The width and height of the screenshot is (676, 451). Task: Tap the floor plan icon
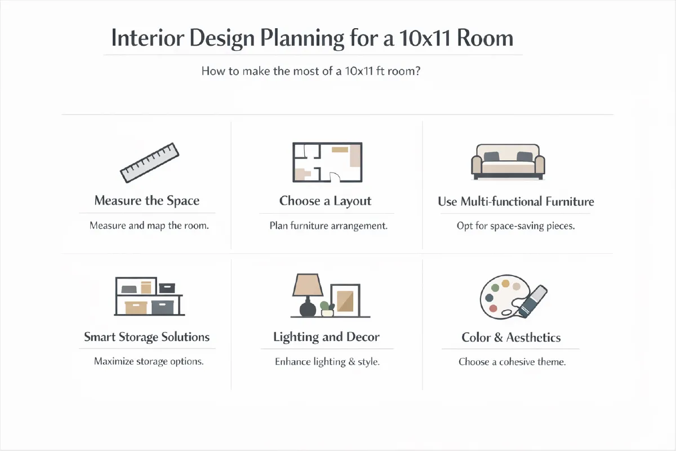coord(327,162)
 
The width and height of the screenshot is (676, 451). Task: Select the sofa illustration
coord(508,162)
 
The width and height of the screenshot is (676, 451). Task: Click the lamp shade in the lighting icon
coord(307,285)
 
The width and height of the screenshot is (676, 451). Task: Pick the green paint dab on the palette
coord(495,288)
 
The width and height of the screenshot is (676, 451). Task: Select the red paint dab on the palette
coord(494,308)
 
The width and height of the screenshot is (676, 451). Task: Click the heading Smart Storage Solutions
coord(146,337)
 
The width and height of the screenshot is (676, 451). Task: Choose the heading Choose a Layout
coord(325,201)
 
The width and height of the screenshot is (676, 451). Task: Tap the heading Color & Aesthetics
coord(511,338)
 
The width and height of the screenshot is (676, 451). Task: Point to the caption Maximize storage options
coord(149,361)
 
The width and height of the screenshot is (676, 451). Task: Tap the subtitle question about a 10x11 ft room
coord(311,72)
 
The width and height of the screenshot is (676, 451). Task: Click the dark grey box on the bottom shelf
coord(163,307)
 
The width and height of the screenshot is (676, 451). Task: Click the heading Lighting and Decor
coord(326,337)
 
